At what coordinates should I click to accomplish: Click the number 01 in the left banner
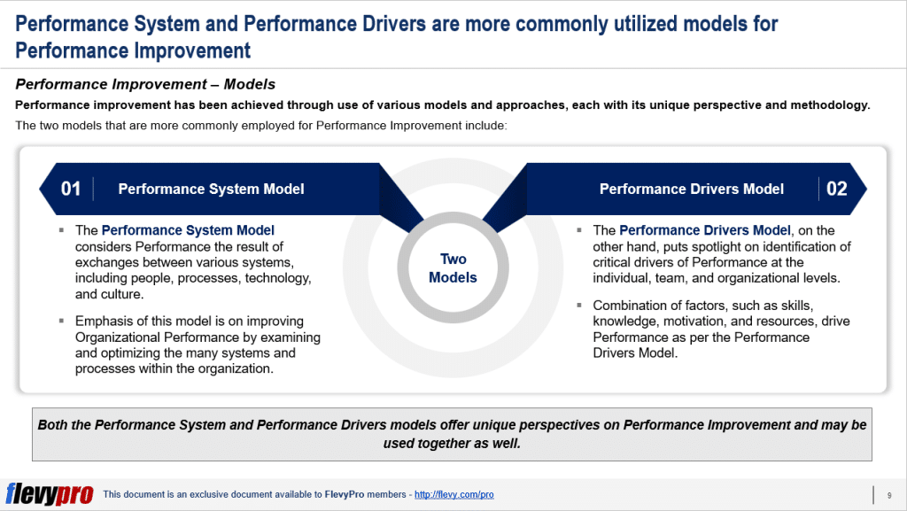(x=71, y=189)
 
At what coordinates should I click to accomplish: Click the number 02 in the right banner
(x=836, y=189)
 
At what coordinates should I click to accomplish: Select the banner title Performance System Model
(x=211, y=189)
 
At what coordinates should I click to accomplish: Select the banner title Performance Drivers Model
(x=691, y=189)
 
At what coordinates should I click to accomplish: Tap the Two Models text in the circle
(x=453, y=268)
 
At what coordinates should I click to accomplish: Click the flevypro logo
(x=49, y=494)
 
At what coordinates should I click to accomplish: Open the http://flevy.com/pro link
(x=453, y=495)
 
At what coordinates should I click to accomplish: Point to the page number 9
(x=888, y=494)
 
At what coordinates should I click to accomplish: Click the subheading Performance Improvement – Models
(x=145, y=85)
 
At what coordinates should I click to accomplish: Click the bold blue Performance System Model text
(x=188, y=230)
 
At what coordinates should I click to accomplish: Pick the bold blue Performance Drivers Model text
(x=704, y=230)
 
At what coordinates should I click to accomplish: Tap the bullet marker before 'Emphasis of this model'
(x=62, y=321)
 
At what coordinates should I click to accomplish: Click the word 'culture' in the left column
(x=121, y=294)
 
